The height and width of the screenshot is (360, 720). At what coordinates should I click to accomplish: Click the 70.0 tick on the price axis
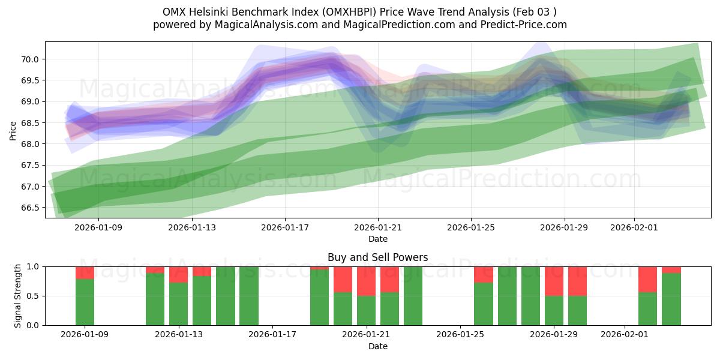[x=31, y=59]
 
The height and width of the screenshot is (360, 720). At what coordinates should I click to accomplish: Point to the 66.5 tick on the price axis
[x=31, y=208]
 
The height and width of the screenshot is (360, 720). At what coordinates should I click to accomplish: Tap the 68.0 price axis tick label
[x=31, y=144]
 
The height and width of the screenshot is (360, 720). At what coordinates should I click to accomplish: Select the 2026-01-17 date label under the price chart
[x=285, y=228]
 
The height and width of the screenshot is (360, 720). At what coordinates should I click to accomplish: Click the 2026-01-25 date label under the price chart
[x=471, y=228]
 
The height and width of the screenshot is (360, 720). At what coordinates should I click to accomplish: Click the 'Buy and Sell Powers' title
[x=377, y=257]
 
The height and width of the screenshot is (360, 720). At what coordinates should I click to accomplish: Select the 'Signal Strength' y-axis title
[x=18, y=296]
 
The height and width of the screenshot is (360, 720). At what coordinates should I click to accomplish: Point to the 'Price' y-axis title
[x=13, y=130]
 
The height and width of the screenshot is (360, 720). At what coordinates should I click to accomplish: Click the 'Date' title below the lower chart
[x=377, y=346]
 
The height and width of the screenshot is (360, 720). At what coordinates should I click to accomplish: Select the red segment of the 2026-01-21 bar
[x=366, y=281]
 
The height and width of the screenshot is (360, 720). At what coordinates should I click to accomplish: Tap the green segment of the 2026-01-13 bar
[x=178, y=304]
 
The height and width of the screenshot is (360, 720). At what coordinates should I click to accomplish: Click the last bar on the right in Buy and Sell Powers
[x=671, y=299]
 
